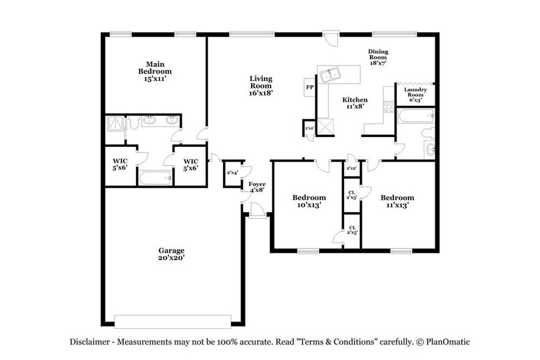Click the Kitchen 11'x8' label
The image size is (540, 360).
coord(354,103)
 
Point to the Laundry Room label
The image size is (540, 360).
coord(415,95)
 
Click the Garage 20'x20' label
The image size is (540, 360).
coord(171,254)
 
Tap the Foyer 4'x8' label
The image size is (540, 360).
coord(257,187)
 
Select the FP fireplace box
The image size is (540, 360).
coord(310,88)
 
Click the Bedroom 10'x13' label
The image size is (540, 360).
coord(309,201)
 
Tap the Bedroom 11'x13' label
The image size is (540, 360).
coord(397,201)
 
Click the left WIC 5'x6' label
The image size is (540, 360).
coord(119,165)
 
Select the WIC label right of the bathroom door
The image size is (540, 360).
coord(190,165)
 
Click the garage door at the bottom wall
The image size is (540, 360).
coord(173,321)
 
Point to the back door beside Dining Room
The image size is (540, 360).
coord(331,39)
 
